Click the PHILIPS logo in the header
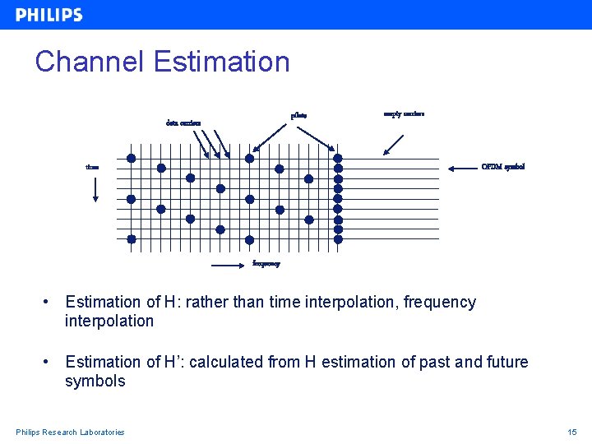[49, 15]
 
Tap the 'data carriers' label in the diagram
[183, 124]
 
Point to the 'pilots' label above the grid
[298, 115]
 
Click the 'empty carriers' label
[404, 113]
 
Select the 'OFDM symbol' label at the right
[502, 167]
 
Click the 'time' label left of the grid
[93, 167]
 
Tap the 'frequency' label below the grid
[266, 264]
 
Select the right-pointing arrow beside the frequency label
[231, 265]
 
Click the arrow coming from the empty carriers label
[394, 144]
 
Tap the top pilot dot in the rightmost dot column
[337, 159]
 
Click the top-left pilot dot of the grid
[131, 159]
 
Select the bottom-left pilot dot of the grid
[131, 239]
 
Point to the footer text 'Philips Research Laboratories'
[70, 432]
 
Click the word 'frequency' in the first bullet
[440, 303]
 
